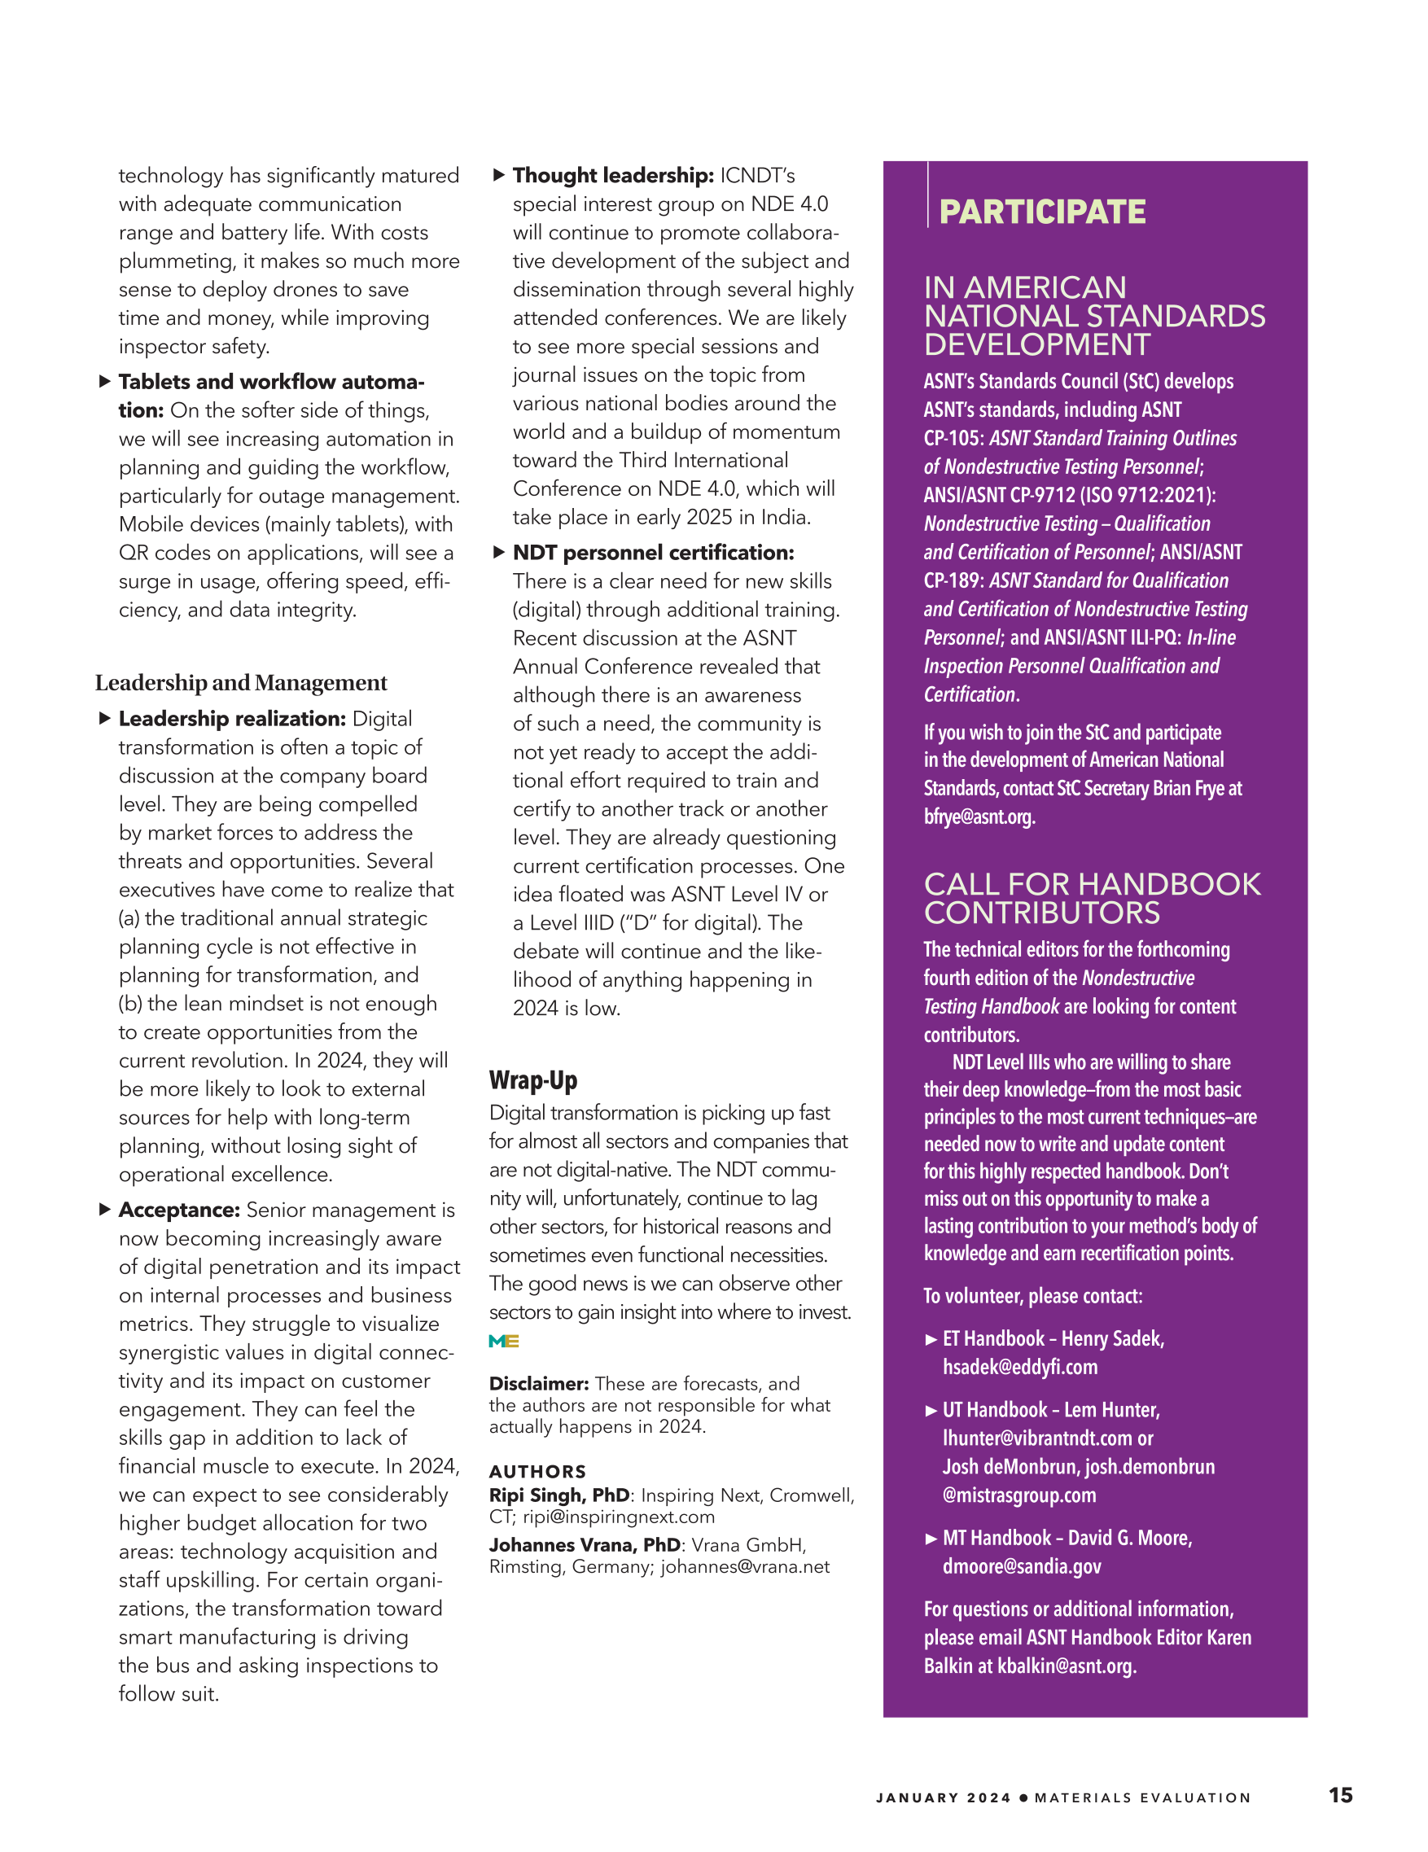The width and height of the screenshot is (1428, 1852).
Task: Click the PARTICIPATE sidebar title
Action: pos(1041,212)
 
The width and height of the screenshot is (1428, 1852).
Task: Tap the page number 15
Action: pos(1340,1794)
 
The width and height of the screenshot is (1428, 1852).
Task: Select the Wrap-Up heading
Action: pos(532,1080)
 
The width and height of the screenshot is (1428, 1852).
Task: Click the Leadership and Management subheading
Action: pos(241,683)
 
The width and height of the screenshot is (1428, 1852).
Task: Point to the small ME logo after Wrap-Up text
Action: pos(504,1341)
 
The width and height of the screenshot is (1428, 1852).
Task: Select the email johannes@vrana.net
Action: pos(744,1566)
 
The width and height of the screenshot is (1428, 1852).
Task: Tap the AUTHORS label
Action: pos(537,1471)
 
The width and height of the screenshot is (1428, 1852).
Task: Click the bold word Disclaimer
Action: pos(538,1383)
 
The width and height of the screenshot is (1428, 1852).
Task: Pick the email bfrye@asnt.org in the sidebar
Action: pos(979,817)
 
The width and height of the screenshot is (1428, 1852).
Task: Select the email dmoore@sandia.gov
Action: pos(1021,1566)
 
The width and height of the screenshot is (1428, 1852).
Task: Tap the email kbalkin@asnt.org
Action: pos(1066,1666)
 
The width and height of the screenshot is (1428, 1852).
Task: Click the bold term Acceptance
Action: pos(179,1210)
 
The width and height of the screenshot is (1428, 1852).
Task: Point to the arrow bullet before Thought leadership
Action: pos(498,175)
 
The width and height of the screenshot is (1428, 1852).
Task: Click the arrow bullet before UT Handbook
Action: pos(931,1411)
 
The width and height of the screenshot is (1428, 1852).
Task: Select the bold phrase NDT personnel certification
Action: pos(653,553)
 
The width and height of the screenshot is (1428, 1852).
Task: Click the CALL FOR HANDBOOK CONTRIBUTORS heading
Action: pos(1091,898)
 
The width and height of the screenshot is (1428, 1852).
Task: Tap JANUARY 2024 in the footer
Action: pos(943,1797)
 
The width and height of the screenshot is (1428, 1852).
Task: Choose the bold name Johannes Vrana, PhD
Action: pos(585,1545)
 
